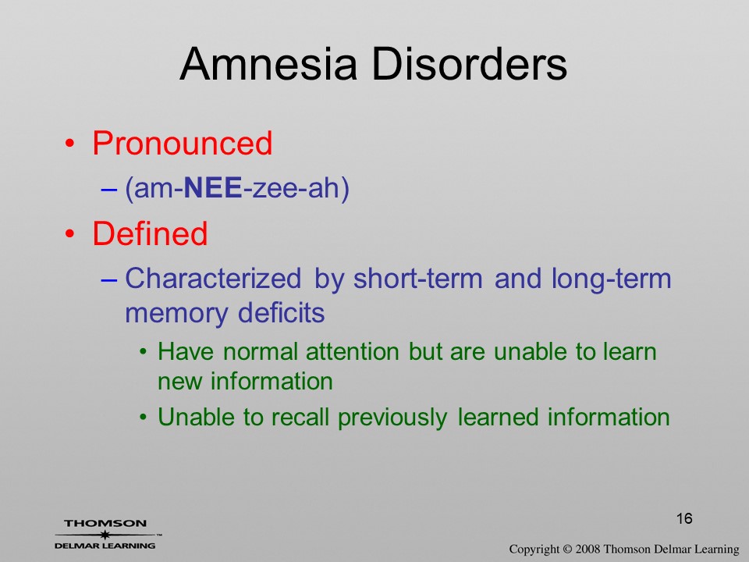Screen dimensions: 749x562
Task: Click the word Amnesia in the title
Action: pos(268,64)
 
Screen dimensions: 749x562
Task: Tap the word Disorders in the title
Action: pos(469,64)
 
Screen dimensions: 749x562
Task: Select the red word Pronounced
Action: pos(182,143)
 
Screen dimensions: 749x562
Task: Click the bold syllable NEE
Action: pos(212,187)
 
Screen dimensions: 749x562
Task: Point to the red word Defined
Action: pos(150,233)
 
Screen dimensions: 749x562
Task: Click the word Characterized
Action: pos(213,278)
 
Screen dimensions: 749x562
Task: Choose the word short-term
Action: pos(418,278)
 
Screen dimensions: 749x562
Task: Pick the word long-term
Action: pos(612,279)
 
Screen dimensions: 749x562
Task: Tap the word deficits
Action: pos(282,313)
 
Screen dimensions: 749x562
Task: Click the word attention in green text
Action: pos(353,352)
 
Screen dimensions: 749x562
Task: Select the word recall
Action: pos(300,417)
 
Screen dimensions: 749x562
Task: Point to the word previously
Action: pos(392,418)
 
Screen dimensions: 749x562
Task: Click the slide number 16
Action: pos(684,518)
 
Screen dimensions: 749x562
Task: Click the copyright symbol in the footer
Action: pos(567,550)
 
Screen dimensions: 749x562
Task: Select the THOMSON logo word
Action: pos(105,523)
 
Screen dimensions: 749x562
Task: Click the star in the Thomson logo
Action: pos(105,535)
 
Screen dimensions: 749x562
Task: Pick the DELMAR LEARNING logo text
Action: pos(105,546)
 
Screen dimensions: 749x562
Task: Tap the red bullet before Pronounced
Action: pos(70,144)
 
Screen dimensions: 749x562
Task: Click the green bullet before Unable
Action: pos(143,417)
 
